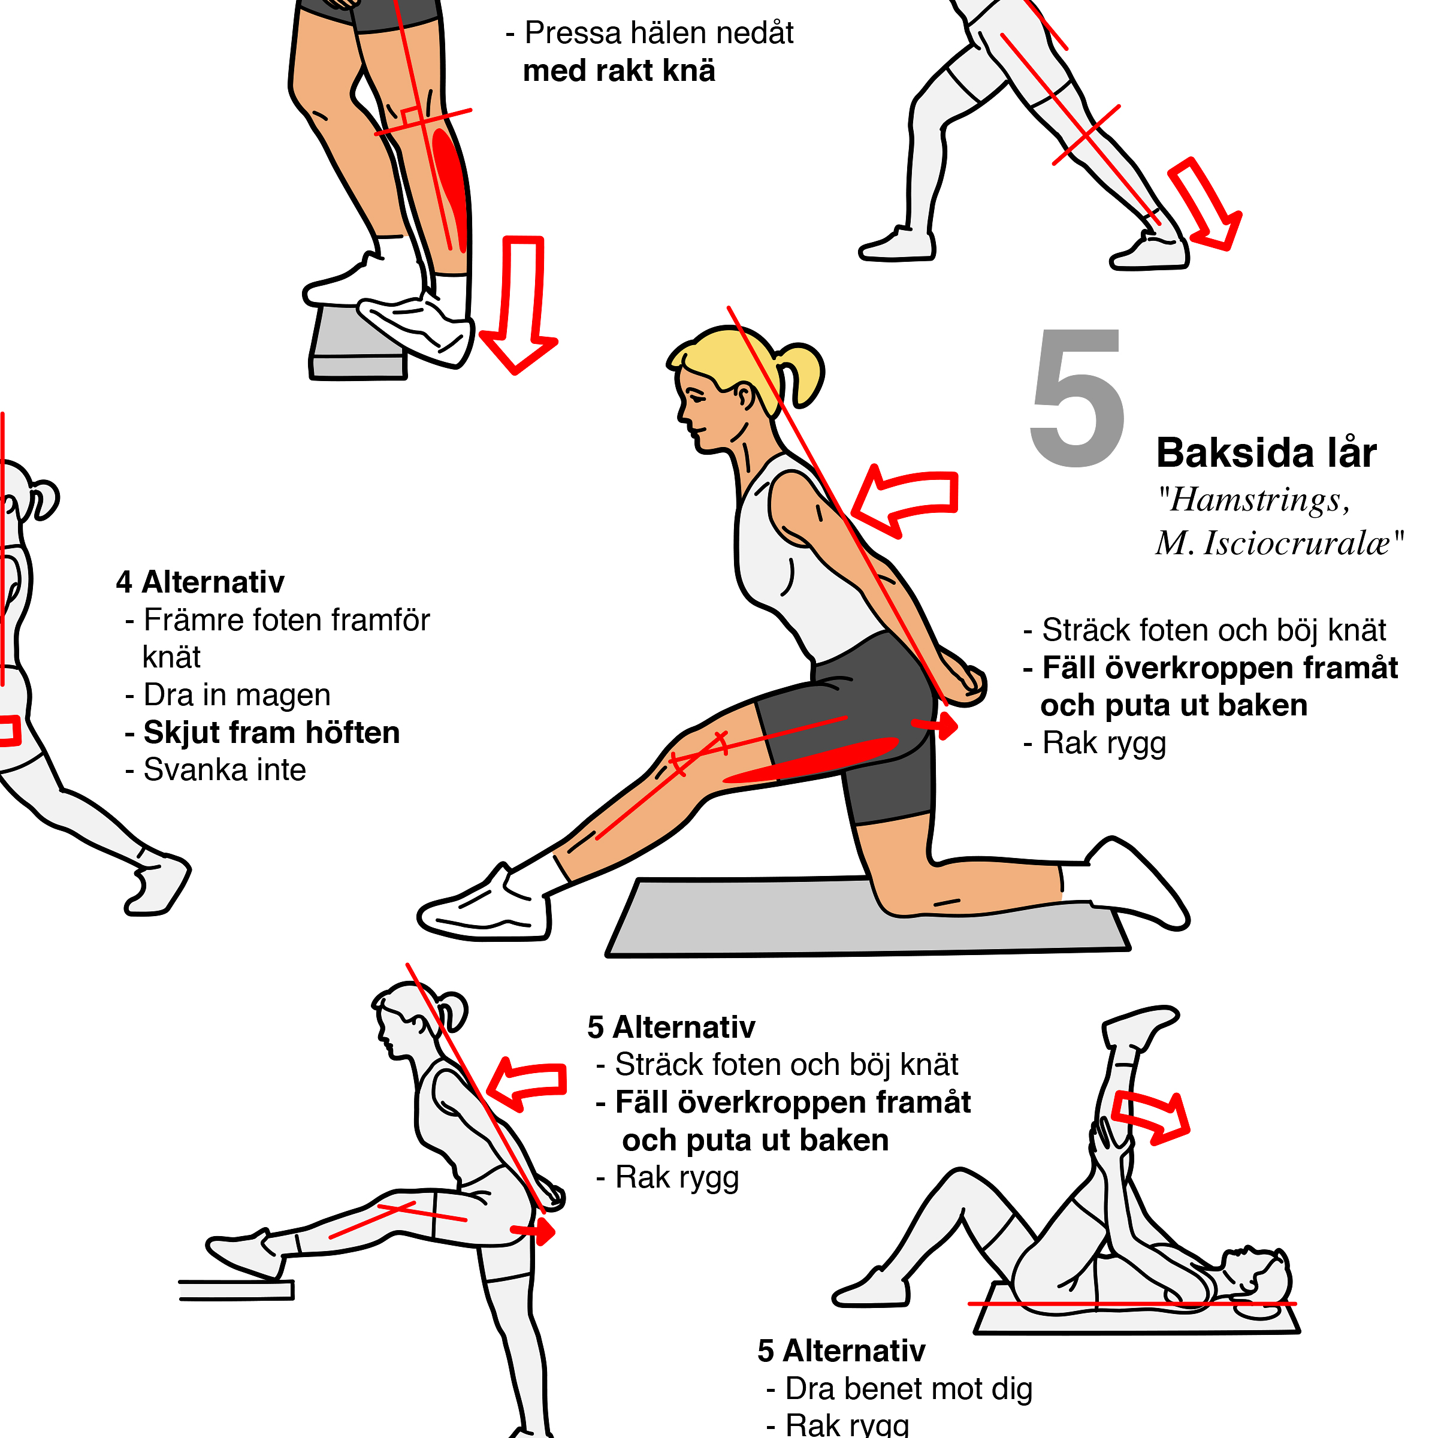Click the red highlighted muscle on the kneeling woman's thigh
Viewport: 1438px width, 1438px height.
coord(812,760)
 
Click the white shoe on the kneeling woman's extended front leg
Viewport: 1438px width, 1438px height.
coord(484,904)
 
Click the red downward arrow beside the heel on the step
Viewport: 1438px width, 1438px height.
coord(519,303)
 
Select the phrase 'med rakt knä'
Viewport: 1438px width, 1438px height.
coord(620,71)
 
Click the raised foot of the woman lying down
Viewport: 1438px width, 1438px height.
coord(1139,1026)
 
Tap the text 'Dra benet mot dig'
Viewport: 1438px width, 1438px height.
coord(909,1389)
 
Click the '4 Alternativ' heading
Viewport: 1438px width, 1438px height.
coord(200,582)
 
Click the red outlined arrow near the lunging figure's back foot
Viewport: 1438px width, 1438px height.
coord(1204,204)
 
